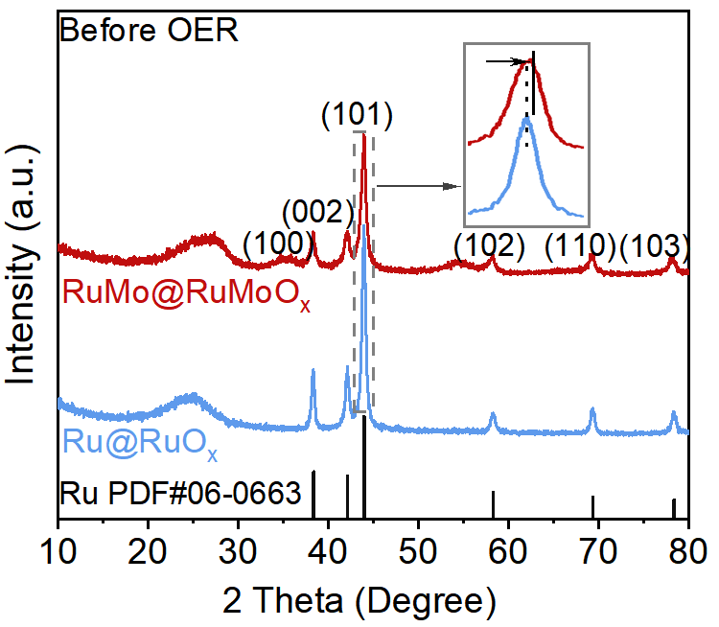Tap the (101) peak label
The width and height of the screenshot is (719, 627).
pos(357,116)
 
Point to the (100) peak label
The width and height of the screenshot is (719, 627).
pos(278,244)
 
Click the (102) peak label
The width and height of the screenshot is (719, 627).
pos(489,246)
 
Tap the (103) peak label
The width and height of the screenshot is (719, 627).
pos(655,246)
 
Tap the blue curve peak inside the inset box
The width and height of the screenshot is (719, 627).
pos(525,117)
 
